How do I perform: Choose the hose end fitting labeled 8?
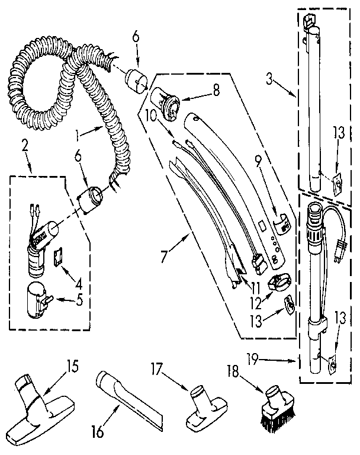[166, 101]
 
